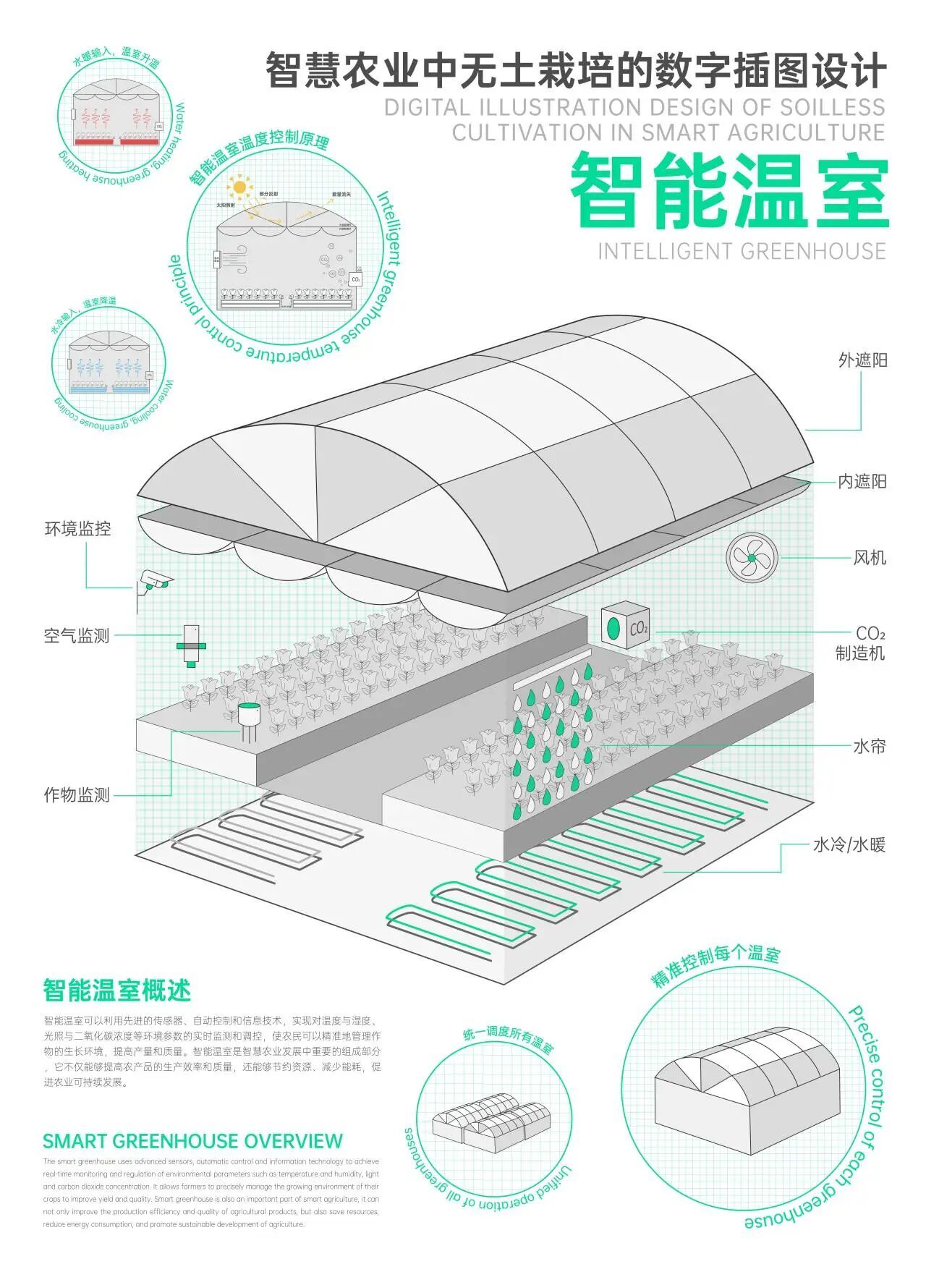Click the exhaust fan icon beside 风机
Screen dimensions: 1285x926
(752, 558)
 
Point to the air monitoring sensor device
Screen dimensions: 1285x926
(191, 644)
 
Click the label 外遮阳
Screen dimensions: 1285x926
(862, 360)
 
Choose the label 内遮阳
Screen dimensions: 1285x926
(862, 482)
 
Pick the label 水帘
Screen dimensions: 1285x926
(869, 747)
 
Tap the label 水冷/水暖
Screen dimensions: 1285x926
(849, 844)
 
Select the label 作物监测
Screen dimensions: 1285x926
(77, 795)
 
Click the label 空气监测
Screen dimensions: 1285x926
(77, 636)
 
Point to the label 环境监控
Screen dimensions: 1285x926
(77, 529)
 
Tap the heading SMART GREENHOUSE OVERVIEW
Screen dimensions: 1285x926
(192, 1141)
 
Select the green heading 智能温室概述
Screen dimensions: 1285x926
(116, 991)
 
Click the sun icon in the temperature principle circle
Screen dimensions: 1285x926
(239, 187)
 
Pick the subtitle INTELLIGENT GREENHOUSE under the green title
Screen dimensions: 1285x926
(742, 252)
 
